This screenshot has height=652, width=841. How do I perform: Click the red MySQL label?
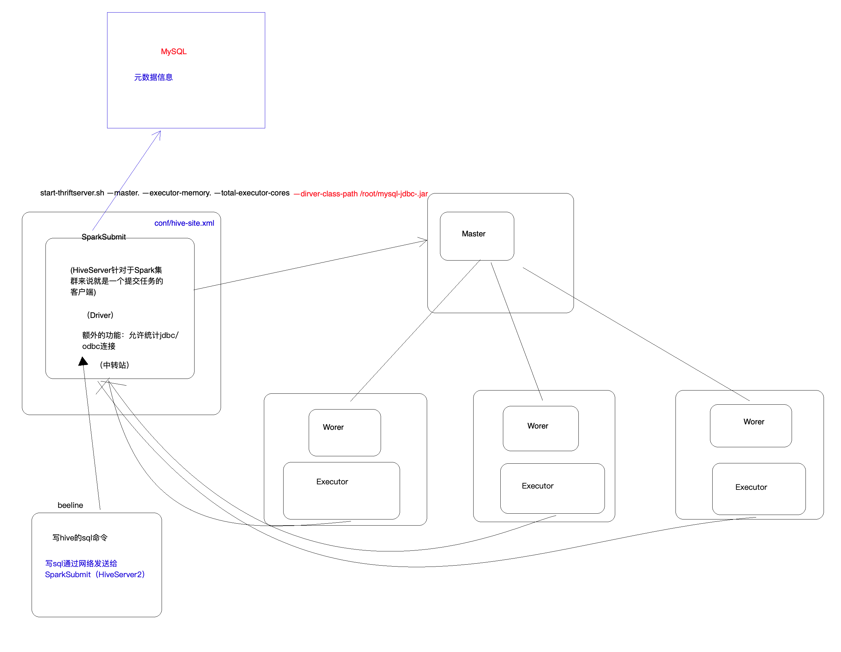tap(174, 52)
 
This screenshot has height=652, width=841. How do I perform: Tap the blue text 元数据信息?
tap(153, 77)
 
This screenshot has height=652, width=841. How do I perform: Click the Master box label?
tap(473, 234)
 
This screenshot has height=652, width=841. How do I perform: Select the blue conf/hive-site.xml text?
tap(184, 223)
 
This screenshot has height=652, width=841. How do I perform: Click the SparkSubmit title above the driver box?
tap(104, 237)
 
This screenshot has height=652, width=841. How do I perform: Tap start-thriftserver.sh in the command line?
tap(72, 193)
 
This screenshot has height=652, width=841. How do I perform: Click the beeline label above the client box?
tap(70, 505)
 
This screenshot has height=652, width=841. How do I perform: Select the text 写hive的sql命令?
tap(80, 538)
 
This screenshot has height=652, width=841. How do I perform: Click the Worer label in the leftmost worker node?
tap(333, 427)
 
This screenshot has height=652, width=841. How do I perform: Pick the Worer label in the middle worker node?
tap(537, 426)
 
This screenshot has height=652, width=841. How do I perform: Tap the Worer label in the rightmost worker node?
tap(754, 421)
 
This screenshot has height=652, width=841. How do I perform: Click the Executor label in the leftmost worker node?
tap(332, 481)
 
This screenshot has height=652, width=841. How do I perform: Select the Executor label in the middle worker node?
tap(537, 486)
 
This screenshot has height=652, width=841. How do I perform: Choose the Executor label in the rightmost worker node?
tap(751, 487)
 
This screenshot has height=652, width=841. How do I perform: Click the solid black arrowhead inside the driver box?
tap(83, 361)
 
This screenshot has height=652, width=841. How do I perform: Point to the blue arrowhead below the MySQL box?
tap(158, 133)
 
